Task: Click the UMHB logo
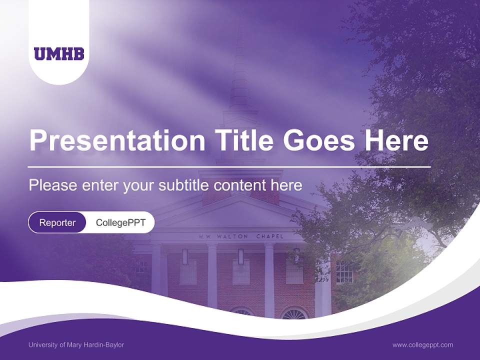(x=59, y=53)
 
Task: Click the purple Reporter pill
(x=57, y=222)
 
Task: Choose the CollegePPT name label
(x=120, y=222)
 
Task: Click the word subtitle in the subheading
(x=183, y=185)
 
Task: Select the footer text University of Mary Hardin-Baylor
(x=76, y=345)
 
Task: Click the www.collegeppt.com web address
(x=422, y=345)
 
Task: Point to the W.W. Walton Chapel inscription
(x=240, y=236)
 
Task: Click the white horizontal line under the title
(x=229, y=166)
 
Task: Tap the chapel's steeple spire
(x=239, y=75)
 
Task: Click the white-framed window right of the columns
(x=344, y=272)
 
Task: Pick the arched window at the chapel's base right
(x=294, y=313)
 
